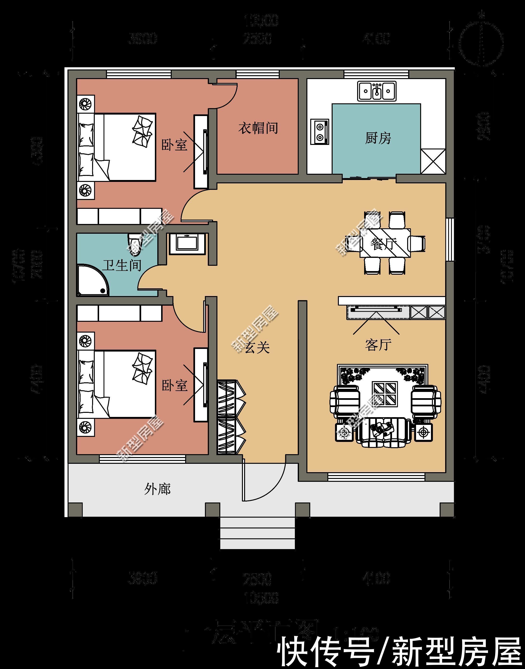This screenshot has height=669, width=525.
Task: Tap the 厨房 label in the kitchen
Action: coord(378,138)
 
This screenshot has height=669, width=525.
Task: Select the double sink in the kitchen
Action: coord(377,91)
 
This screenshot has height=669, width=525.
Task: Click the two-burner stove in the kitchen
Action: coord(320,131)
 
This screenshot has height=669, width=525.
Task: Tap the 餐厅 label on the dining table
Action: coord(384,244)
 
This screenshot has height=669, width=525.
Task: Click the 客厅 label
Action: coord(378,345)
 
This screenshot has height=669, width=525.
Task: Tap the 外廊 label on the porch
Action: coord(157,489)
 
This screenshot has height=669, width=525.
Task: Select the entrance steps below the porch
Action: coord(257,533)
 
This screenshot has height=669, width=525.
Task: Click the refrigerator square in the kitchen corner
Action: coord(433,161)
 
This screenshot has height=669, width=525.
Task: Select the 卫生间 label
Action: coord(122,265)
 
